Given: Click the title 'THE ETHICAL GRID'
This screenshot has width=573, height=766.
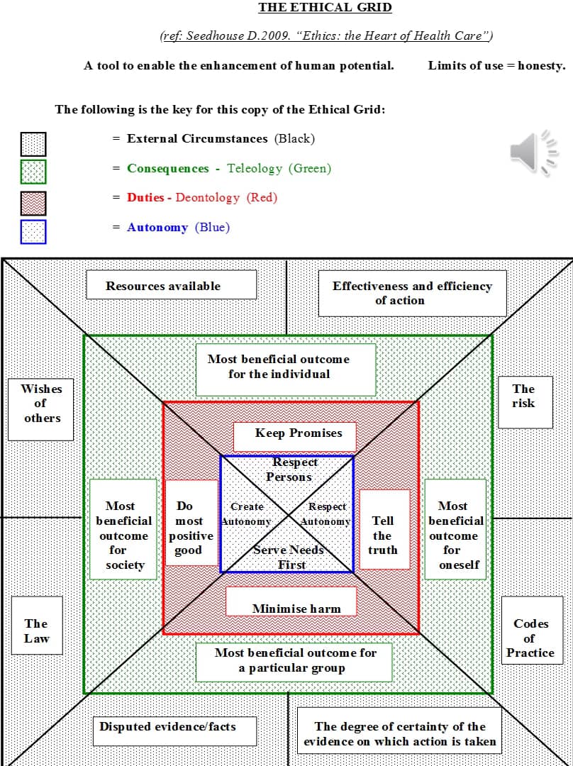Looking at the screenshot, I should (x=325, y=8).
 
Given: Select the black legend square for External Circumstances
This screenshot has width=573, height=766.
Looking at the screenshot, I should (x=33, y=144).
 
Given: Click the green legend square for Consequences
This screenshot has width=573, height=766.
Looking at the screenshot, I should (x=33, y=172).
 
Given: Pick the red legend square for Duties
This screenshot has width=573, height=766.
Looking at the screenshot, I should (x=33, y=203).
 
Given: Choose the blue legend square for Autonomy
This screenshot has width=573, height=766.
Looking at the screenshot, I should (x=33, y=232).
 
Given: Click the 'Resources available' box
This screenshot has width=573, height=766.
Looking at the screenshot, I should (x=171, y=286).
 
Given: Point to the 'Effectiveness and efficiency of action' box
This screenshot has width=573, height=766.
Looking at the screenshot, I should (x=412, y=293).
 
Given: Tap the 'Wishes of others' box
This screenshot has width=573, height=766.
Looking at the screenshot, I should (x=41, y=409).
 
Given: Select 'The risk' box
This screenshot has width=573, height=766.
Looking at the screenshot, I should (x=525, y=402).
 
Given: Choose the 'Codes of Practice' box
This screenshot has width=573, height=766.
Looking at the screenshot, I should (x=530, y=637).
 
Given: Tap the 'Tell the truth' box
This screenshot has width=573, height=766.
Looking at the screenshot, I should (x=384, y=529).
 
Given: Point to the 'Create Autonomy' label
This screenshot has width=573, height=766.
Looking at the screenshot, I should (x=246, y=514).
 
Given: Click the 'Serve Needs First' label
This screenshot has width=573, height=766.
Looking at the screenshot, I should (x=290, y=557).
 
